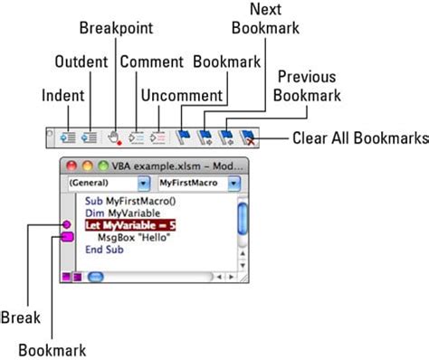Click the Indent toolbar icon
pyautogui.click(x=66, y=138)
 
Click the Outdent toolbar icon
pyautogui.click(x=89, y=138)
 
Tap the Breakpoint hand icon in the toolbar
pyautogui.click(x=114, y=138)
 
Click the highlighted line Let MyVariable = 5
pyautogui.click(x=130, y=224)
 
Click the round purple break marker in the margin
pyautogui.click(x=66, y=224)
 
